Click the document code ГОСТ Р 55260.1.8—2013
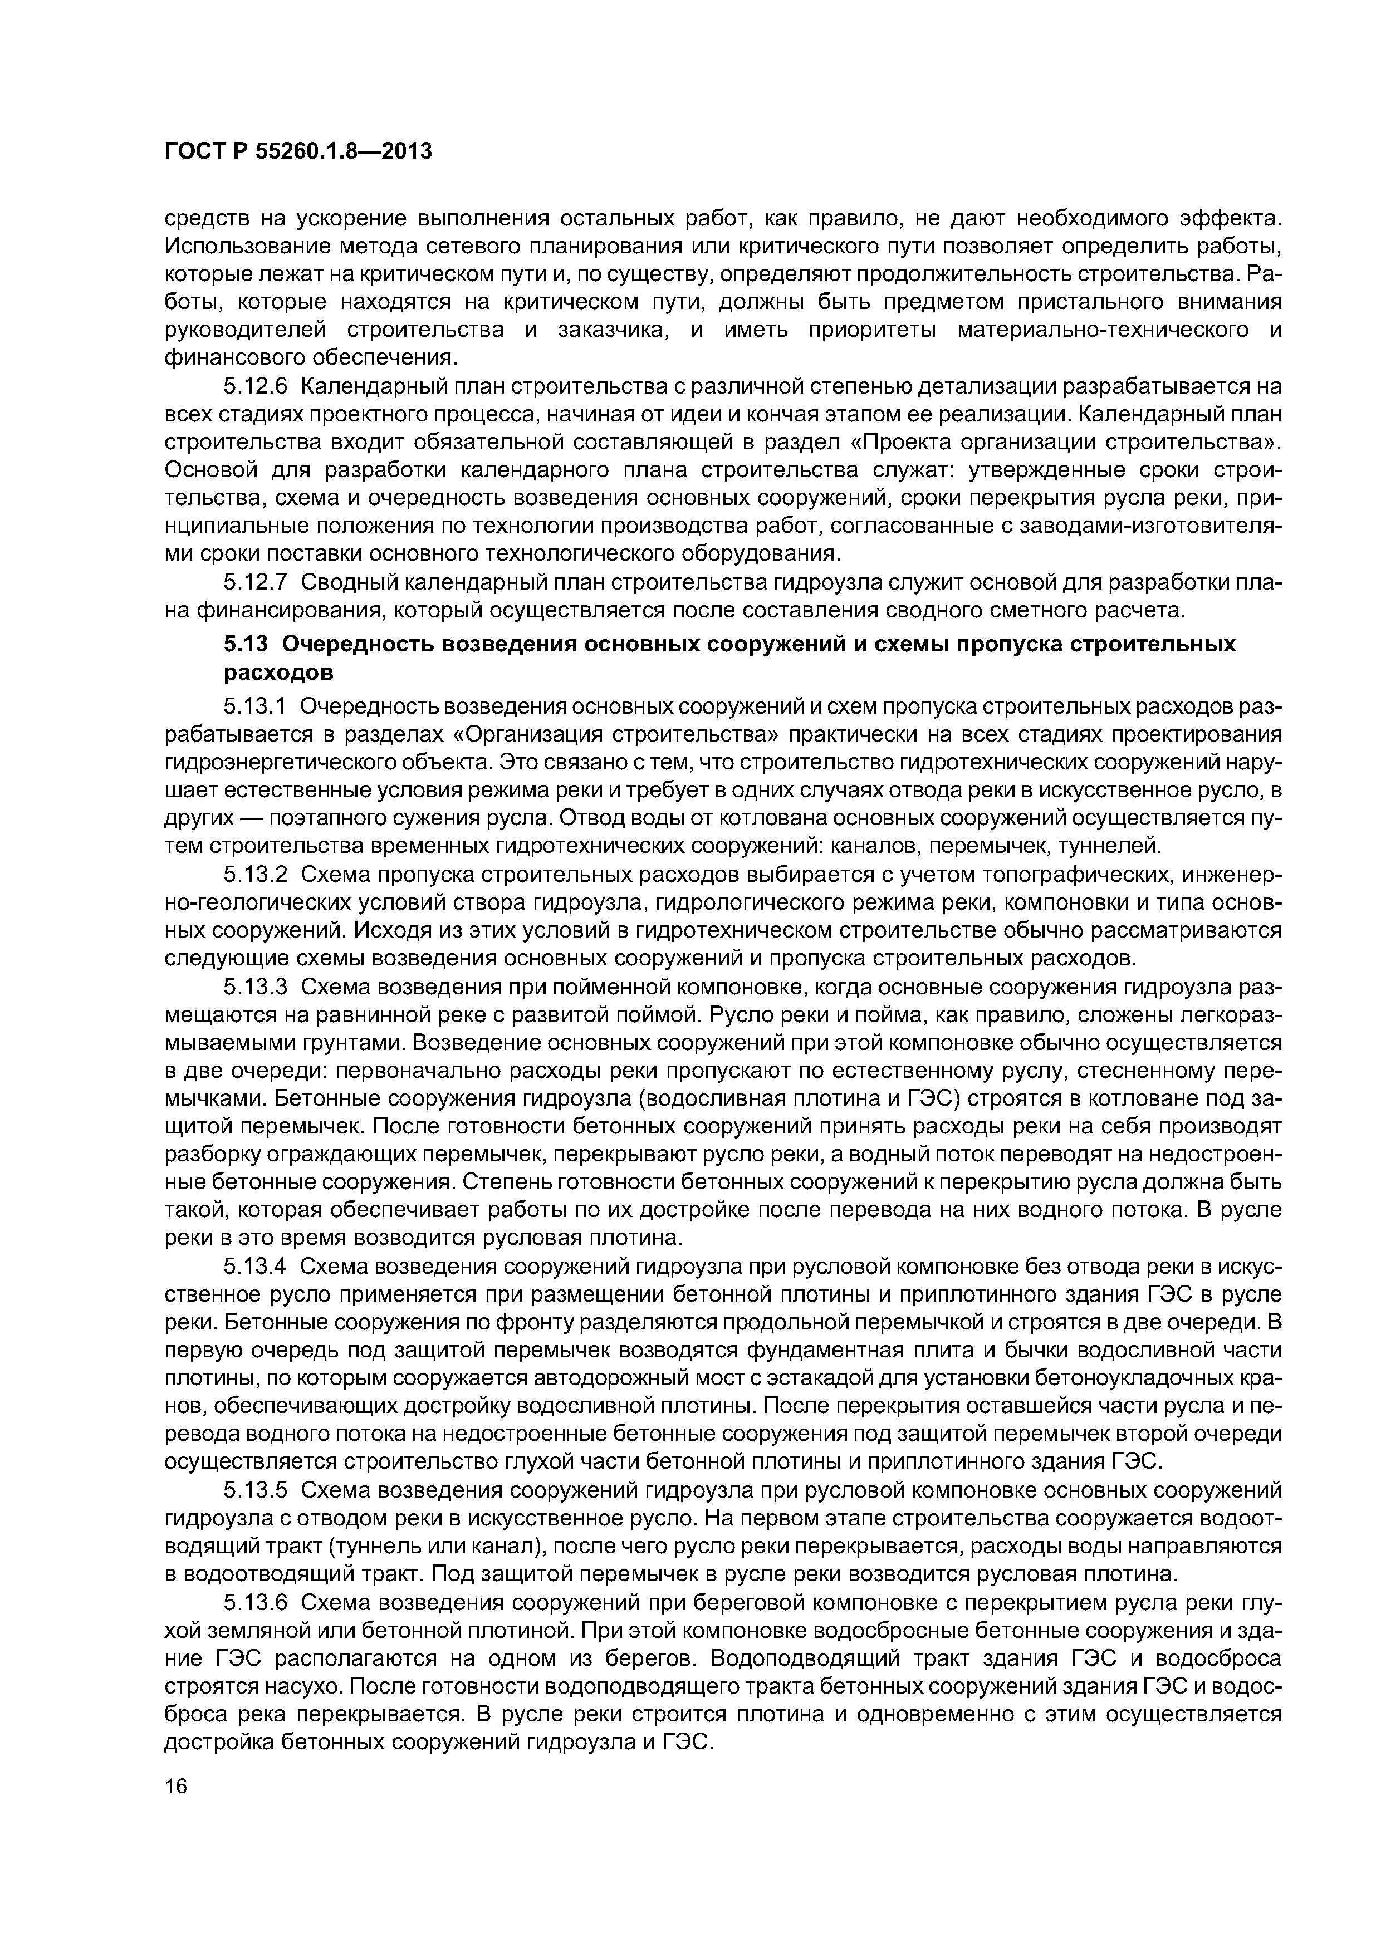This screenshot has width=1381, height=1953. coord(298,151)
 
